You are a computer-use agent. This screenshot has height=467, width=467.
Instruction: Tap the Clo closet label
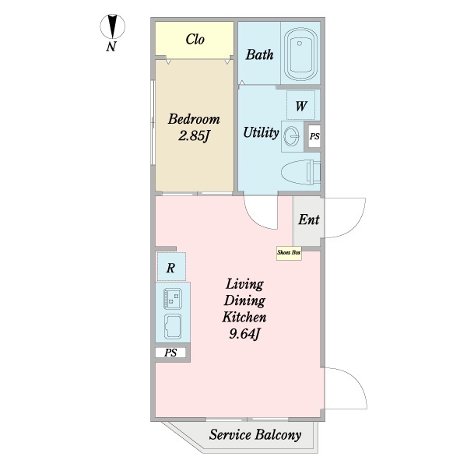point(195,39)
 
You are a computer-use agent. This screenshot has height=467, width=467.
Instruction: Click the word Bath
point(258,54)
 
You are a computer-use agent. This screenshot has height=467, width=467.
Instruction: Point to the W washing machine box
point(300,106)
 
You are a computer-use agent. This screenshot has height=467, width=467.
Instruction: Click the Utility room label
point(260,132)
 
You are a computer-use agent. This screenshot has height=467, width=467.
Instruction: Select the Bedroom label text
point(194,120)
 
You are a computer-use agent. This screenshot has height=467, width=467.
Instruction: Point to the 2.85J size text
point(194,138)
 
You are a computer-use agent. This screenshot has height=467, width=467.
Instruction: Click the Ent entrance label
point(308,219)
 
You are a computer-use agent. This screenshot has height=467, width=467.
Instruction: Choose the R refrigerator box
point(170,269)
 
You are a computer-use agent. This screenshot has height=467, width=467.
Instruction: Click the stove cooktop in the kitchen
point(171,297)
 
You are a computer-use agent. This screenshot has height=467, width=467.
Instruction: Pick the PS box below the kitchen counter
point(171,353)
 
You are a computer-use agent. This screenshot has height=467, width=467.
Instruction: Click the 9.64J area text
point(244,335)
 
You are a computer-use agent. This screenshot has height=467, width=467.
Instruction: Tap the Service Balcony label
point(255,435)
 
